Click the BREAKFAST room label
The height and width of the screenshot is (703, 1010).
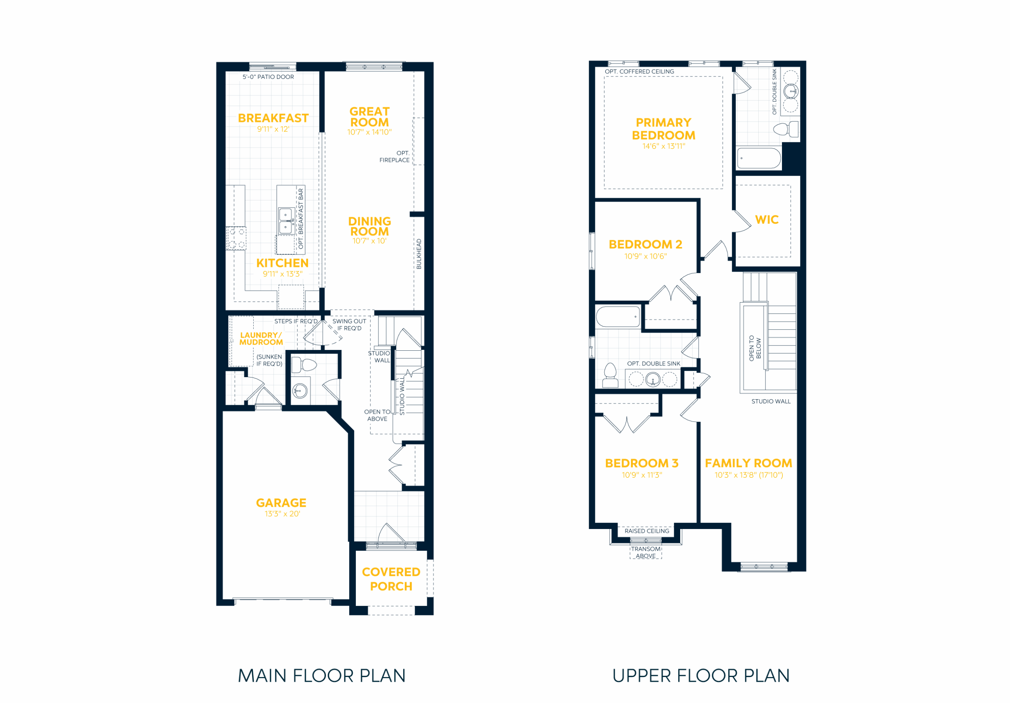[273, 118]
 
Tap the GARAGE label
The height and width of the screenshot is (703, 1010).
[281, 503]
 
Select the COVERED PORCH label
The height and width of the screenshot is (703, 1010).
[391, 579]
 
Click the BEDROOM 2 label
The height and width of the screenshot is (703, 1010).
[645, 245]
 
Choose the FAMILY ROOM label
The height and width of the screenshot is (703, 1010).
[748, 463]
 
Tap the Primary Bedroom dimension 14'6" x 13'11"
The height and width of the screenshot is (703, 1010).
[664, 146]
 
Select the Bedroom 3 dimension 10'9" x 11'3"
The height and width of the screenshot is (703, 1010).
[642, 475]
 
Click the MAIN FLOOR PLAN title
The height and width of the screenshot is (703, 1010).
[322, 676]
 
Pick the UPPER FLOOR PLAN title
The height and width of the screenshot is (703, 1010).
[701, 676]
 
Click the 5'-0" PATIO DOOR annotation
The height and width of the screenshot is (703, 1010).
[268, 77]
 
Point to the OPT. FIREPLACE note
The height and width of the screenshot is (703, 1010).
[395, 157]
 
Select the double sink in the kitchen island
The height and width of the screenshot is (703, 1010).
[286, 221]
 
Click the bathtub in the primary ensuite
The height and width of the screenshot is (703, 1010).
[759, 158]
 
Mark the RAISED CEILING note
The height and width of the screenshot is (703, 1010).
[647, 531]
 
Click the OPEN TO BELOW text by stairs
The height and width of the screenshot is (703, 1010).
[755, 348]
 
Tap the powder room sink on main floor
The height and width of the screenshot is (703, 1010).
[300, 390]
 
